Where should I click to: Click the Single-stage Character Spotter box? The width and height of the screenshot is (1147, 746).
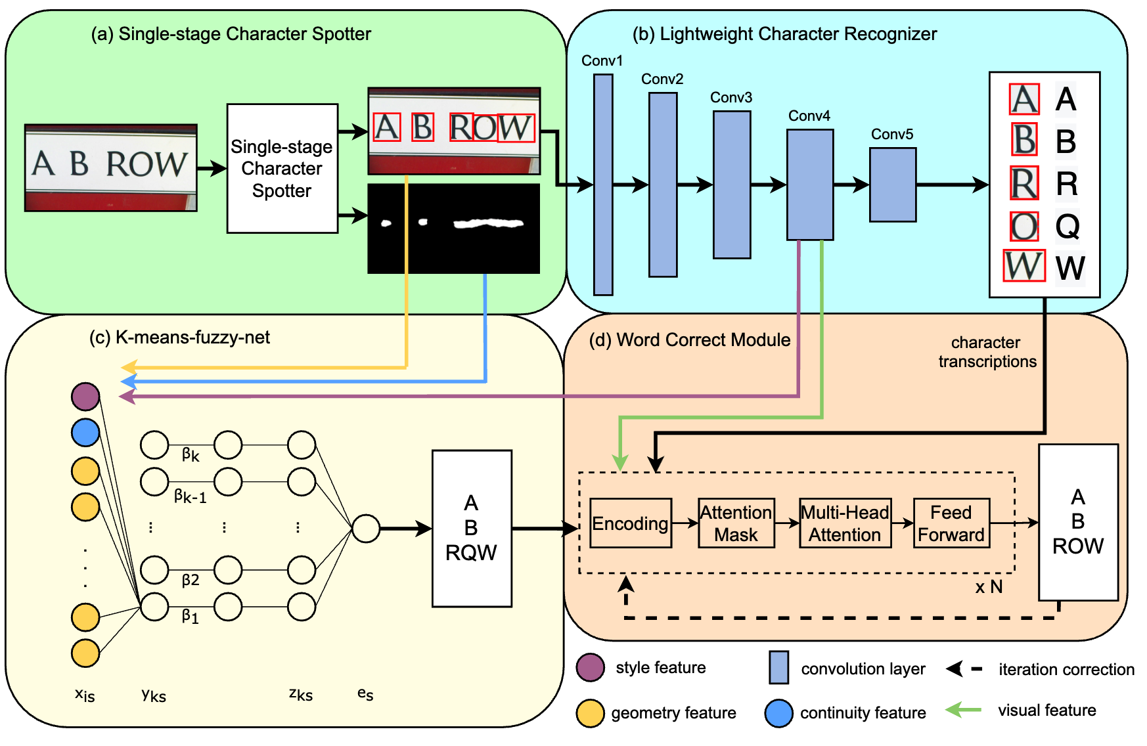[x=282, y=168]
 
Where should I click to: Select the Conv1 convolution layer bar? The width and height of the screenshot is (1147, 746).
[x=603, y=185]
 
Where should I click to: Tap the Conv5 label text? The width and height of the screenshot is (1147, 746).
[x=891, y=134]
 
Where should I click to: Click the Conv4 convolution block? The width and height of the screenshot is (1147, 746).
[x=810, y=185]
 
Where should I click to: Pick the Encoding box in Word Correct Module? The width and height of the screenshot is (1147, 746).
[x=631, y=523]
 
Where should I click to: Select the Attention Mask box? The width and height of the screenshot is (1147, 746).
[x=736, y=523]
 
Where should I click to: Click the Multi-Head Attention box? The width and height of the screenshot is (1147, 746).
[x=845, y=523]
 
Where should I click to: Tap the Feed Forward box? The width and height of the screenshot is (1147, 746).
[x=951, y=523]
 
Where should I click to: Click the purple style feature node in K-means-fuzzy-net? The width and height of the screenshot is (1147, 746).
[x=85, y=396]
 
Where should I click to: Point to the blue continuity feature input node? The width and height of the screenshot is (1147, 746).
[x=85, y=432]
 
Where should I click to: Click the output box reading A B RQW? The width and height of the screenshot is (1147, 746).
[x=471, y=528]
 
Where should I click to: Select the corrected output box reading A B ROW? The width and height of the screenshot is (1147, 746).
[x=1077, y=522]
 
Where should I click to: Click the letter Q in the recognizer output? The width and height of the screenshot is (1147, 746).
[x=1068, y=226]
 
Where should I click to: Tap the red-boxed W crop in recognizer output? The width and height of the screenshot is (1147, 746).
[x=1023, y=266]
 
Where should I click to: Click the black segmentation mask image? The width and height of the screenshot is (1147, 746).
[x=453, y=229]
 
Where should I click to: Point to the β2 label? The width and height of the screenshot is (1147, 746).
[x=191, y=580]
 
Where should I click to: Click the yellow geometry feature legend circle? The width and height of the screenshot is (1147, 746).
[x=590, y=713]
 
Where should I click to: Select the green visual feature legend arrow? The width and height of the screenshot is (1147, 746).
[x=963, y=710]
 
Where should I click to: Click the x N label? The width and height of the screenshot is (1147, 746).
[x=989, y=587]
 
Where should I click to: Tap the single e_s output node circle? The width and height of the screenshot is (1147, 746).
[x=366, y=528]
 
